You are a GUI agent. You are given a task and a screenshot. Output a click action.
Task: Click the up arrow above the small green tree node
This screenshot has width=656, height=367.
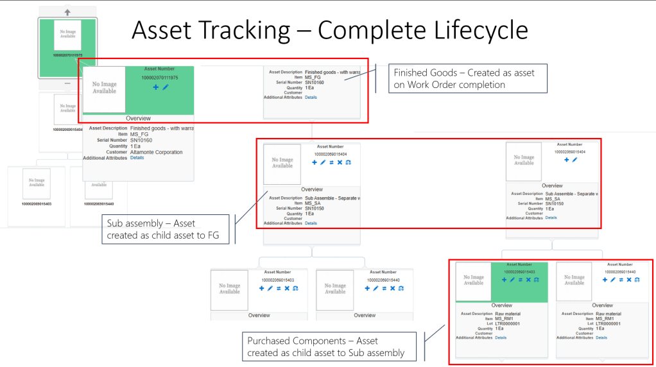(x=67, y=12)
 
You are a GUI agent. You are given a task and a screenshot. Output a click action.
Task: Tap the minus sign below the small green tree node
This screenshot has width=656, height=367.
(x=67, y=83)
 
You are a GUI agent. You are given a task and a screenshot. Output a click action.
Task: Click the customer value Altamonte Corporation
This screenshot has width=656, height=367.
(x=156, y=152)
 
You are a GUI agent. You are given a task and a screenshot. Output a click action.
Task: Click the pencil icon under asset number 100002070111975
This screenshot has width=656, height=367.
(x=165, y=87)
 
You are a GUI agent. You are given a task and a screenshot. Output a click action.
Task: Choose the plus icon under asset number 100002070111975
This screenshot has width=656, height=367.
(x=156, y=87)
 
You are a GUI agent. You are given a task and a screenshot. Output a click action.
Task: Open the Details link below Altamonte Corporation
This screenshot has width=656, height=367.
(x=137, y=158)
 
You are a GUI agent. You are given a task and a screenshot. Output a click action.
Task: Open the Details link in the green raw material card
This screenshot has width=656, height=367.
(x=501, y=337)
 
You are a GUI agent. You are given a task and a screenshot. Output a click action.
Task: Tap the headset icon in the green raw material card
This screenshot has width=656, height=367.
(x=537, y=280)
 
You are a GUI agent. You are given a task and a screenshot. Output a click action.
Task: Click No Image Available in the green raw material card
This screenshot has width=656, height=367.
(x=474, y=279)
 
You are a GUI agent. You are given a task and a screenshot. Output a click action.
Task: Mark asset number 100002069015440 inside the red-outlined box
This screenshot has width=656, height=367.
(x=621, y=271)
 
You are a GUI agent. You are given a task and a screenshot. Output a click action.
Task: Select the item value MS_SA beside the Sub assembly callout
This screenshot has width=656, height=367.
(x=313, y=203)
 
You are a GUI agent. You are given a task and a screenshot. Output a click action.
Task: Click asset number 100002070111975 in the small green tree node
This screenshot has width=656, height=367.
(x=67, y=56)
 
